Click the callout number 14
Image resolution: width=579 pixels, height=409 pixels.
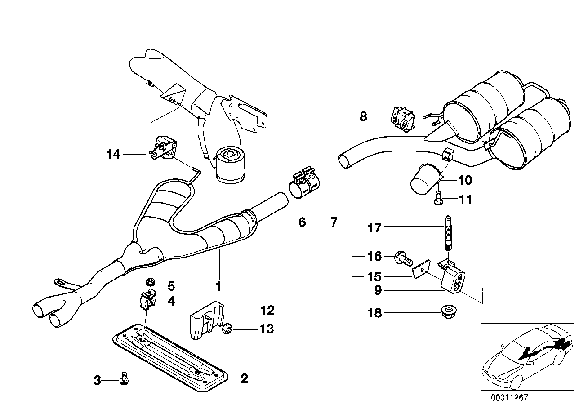(113, 155)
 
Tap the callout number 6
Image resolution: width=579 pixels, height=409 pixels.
(302, 222)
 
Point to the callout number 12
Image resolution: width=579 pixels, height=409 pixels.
(267, 311)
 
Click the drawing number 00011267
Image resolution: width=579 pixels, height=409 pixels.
(509, 397)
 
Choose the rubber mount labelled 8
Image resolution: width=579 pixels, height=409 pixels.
(404, 118)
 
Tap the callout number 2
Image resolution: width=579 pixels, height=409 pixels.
(244, 378)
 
